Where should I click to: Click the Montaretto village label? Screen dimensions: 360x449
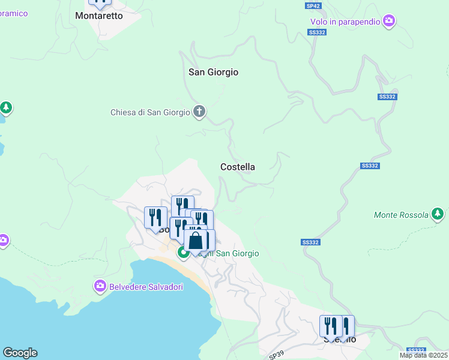99,16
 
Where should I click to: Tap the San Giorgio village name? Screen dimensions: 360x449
214,72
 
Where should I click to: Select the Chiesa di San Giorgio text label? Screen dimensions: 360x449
150,112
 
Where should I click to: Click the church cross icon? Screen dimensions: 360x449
199,112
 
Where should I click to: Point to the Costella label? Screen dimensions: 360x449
238,167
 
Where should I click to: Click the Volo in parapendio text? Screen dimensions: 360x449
345,22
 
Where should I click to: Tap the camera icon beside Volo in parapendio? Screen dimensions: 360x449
389,22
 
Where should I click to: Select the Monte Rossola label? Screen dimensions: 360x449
402,215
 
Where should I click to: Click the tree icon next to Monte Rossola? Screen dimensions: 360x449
438,214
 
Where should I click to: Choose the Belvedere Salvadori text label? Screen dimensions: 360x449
146,287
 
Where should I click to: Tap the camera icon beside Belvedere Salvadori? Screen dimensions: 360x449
100,286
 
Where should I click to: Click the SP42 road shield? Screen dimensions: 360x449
313,5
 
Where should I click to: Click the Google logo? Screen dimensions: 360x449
20,353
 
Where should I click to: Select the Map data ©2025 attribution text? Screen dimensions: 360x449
423,355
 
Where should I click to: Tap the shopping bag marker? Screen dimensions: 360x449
196,242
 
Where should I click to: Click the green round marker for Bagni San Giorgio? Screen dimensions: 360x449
184,253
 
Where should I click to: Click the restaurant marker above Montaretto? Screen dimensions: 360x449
100,2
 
